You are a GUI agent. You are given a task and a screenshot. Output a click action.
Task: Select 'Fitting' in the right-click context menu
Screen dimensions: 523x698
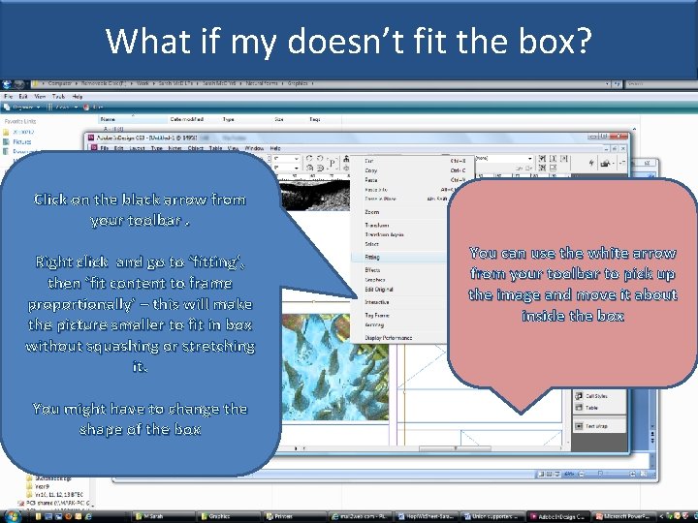pos(373,258)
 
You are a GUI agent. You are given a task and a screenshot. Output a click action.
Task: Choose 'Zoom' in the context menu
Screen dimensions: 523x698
pos(372,212)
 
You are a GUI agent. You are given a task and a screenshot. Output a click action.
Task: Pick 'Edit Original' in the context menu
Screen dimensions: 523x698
pos(377,291)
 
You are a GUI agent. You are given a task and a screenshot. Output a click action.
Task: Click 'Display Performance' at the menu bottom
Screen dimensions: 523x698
pos(388,338)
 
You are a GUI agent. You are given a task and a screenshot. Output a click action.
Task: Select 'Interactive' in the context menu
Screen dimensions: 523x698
pos(376,302)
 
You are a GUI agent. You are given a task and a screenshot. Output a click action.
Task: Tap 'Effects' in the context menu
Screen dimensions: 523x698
pos(372,270)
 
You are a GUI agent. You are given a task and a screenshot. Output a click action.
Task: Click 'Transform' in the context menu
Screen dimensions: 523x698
pos(376,225)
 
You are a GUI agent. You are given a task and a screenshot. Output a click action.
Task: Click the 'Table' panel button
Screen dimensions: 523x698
pos(591,409)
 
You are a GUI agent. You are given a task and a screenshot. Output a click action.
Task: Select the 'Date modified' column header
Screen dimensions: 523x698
pos(188,119)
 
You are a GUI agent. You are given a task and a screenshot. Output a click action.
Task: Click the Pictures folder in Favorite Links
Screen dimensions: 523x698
pos(21,142)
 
